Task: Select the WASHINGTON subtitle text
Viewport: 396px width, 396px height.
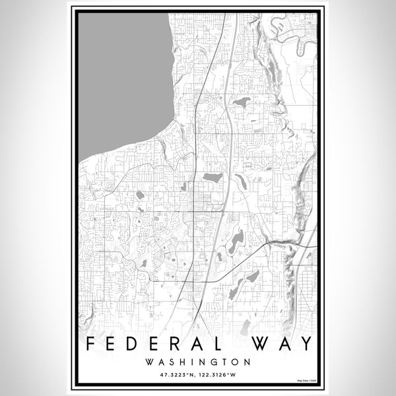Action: pos(198,362)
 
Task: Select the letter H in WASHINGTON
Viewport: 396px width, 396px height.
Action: pos(184,362)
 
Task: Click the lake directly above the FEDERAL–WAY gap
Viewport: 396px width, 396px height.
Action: pos(245,326)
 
